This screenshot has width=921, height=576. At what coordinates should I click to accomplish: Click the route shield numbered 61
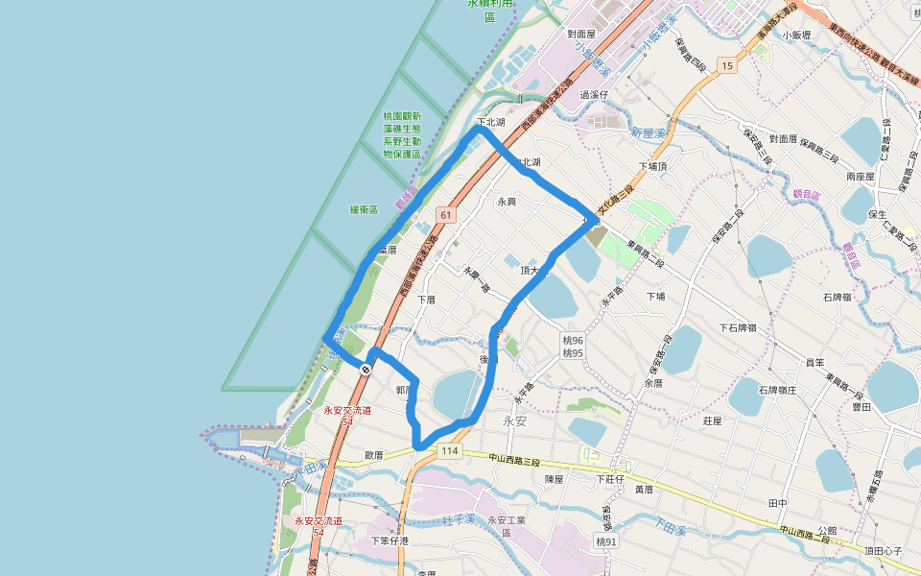(446, 214)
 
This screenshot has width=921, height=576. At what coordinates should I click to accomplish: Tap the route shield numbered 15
(728, 65)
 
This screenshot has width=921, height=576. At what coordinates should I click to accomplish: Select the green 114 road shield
(448, 451)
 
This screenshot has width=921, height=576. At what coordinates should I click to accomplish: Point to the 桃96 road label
(573, 340)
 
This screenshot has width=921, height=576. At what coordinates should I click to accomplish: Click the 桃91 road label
(606, 541)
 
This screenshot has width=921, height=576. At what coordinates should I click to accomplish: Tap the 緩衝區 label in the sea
(364, 209)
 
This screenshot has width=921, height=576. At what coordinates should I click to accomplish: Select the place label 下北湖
(491, 123)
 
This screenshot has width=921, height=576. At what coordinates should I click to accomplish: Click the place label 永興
(507, 203)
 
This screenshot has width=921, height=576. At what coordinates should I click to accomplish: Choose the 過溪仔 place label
(594, 95)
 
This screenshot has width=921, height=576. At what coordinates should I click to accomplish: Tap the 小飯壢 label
(796, 35)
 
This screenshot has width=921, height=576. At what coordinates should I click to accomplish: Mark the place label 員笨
(815, 362)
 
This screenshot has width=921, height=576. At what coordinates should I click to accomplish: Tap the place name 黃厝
(644, 490)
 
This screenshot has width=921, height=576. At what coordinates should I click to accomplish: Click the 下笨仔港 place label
(390, 540)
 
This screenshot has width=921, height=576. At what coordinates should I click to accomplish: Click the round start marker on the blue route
(366, 368)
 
